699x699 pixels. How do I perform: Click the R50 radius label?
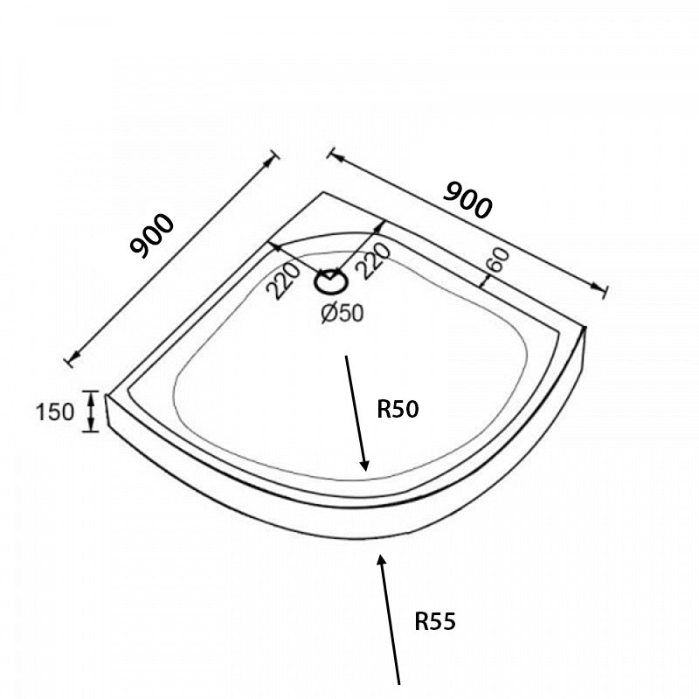(x=398, y=409)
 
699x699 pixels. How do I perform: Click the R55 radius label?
(x=435, y=621)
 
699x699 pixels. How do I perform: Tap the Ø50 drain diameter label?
(x=343, y=313)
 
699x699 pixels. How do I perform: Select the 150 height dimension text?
(x=54, y=412)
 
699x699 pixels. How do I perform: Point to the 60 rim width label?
(x=498, y=260)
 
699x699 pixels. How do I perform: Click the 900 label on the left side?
(x=151, y=236)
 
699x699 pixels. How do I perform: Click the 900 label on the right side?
(x=468, y=200)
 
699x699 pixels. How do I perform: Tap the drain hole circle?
(x=331, y=281)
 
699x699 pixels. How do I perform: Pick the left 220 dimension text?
(x=282, y=280)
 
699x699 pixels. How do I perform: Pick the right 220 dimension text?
(x=374, y=260)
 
